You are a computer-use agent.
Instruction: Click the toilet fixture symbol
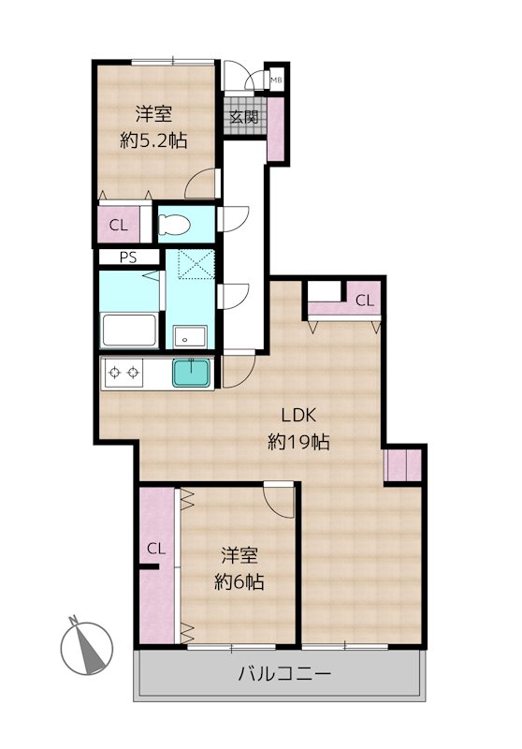(x=175, y=225)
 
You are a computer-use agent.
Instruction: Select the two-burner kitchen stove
(x=124, y=374)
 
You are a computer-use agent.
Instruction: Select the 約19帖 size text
(x=298, y=442)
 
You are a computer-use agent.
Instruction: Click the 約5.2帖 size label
(x=154, y=140)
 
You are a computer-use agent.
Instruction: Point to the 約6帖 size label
(x=239, y=581)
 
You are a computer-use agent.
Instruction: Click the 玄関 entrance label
(x=245, y=117)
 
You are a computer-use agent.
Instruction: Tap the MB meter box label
(x=276, y=81)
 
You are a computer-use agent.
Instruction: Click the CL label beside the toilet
(x=118, y=225)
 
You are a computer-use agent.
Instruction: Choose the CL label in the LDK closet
(x=365, y=301)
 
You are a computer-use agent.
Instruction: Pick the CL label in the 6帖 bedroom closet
(x=155, y=549)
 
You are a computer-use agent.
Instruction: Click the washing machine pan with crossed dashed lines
(x=197, y=266)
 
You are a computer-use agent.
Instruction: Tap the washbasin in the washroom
(x=192, y=334)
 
